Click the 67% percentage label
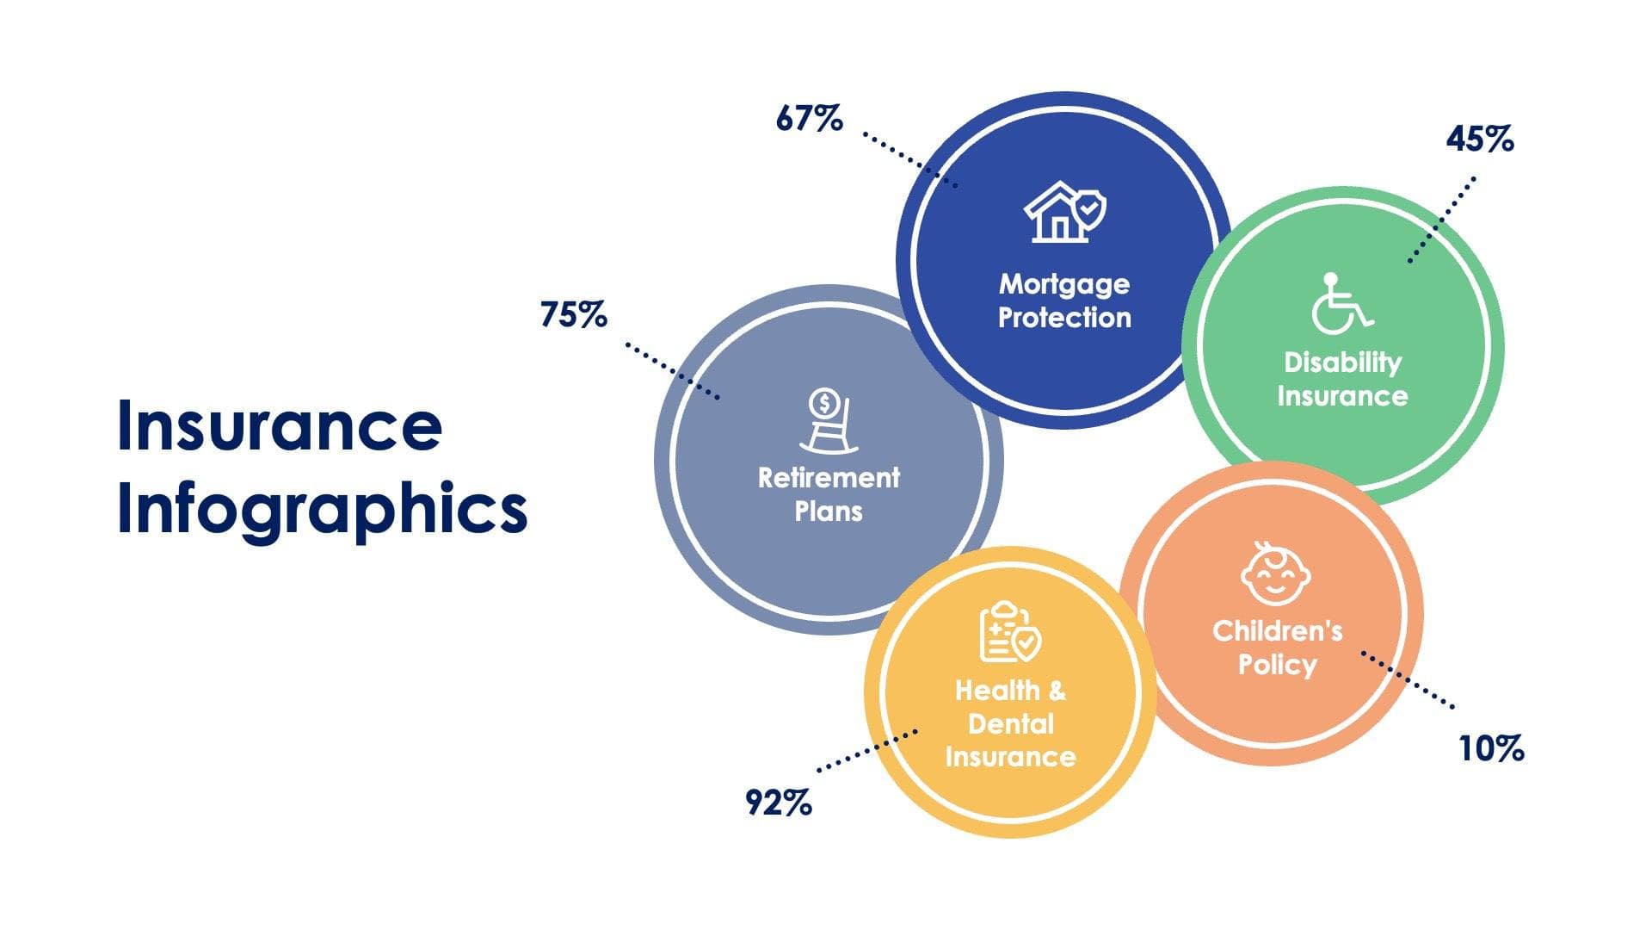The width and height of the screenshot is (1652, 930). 809,119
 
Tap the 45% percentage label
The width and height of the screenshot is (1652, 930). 1479,139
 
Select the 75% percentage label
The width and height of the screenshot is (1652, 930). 573,315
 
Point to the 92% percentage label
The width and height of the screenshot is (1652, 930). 778,803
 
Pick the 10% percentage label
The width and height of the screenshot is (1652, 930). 1491,748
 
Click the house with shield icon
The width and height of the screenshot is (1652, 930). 1064,212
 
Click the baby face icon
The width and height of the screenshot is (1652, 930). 1275,573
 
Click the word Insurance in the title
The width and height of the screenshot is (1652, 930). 280,426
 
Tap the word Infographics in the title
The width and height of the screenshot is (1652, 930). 322,508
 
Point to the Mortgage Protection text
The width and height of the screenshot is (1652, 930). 1064,301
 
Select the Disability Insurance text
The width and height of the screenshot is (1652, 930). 1342,379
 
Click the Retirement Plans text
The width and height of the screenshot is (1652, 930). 829,494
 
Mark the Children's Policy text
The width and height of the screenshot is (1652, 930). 1277,648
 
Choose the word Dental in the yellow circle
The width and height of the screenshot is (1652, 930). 1010,723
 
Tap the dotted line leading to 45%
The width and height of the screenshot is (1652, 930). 1442,220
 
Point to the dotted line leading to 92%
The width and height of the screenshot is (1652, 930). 866,750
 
